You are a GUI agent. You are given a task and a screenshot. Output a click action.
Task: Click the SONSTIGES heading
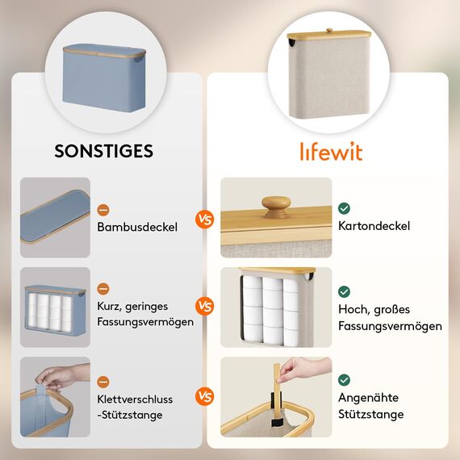tap(103, 151)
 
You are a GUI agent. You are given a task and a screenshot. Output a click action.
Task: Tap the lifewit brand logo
tap(332, 152)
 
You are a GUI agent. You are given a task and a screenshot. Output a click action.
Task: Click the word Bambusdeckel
tap(137, 228)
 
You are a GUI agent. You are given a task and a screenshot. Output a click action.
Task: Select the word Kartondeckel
tap(374, 226)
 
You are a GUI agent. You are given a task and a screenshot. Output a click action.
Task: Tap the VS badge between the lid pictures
tap(205, 219)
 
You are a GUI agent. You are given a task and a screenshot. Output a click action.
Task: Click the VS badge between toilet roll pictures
tap(205, 307)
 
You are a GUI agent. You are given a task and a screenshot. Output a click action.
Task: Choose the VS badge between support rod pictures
tap(205, 397)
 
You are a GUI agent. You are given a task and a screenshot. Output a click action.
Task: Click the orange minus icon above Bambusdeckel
tap(103, 210)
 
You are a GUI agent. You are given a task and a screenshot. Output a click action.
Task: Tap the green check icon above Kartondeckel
tap(345, 208)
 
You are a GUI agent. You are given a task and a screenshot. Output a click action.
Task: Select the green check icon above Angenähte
tap(345, 379)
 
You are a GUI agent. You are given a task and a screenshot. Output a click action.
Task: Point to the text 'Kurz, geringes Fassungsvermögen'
tap(145, 315)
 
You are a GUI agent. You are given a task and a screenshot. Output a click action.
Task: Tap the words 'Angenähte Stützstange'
tap(371, 406)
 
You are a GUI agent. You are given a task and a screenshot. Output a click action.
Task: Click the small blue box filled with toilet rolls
tap(54, 308)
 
